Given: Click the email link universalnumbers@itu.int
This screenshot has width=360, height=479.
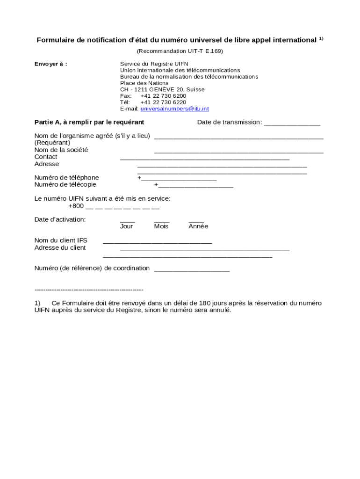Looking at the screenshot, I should (174, 109).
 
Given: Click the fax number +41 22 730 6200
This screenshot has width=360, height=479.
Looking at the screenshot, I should (163, 96).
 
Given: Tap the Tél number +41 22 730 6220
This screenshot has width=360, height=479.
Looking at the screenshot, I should (163, 102).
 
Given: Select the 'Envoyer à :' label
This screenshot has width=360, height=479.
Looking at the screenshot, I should (51, 64).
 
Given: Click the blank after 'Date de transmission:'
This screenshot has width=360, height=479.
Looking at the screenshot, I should (292, 123).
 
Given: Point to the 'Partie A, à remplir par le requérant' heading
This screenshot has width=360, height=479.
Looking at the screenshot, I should (89, 122).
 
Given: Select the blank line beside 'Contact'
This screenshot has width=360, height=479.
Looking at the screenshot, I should (204, 159).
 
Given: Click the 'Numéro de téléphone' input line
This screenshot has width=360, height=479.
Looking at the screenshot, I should (178, 179).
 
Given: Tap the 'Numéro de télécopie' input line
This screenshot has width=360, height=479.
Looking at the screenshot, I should (195, 186).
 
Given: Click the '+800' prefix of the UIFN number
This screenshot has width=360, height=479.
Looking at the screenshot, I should (76, 206).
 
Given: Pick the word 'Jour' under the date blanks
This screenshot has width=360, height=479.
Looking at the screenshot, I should (126, 226).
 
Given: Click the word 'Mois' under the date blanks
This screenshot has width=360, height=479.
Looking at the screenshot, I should (161, 226).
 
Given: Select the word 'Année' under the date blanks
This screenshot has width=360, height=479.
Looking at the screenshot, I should (198, 226).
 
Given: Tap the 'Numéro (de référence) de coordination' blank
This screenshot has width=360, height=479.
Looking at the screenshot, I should (192, 269).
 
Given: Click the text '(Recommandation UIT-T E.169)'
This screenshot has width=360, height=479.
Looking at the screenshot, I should (180, 51).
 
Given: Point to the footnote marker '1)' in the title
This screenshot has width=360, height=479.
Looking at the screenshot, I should (321, 39).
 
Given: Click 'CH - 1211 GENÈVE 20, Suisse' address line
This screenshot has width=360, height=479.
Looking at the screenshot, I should (162, 89).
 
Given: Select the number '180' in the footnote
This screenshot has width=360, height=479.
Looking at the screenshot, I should (205, 303).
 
